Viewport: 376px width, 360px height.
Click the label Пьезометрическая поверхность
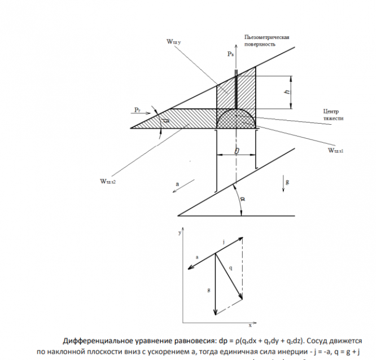point(267,41)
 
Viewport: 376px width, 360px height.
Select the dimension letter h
point(287,91)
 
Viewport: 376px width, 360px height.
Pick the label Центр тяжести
point(332,115)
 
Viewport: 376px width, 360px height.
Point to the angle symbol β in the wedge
point(167,120)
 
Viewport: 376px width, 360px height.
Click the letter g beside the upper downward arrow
point(287,182)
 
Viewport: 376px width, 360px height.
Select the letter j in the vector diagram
point(224,242)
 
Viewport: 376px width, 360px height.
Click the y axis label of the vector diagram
point(178,232)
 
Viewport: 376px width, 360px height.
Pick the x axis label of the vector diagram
point(249,326)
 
